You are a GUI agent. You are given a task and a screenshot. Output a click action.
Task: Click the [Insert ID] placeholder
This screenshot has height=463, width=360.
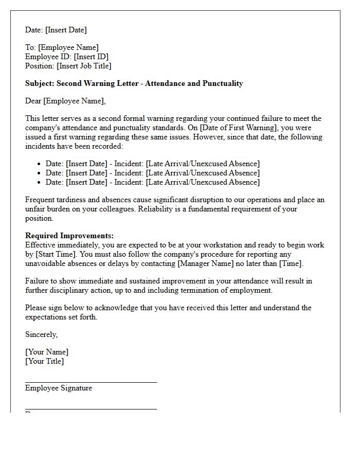coord(91,57)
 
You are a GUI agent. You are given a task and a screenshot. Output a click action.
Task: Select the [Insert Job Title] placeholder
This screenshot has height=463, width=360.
coord(84,66)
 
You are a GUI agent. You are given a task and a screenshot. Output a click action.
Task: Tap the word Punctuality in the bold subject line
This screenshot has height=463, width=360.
coord(222,83)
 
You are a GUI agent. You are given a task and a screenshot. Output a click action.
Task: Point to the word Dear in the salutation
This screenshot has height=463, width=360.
coord(33,101)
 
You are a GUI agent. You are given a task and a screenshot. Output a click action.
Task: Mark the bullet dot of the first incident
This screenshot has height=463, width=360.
coord(40,164)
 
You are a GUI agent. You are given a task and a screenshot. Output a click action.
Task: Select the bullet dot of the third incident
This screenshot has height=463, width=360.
coord(40,183)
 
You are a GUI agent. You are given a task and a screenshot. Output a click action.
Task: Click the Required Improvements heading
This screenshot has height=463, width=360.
coord(69,236)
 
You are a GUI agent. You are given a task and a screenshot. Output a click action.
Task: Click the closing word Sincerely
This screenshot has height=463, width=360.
coord(41,334)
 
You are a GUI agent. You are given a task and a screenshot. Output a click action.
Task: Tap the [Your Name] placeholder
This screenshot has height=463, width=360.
coord(47,352)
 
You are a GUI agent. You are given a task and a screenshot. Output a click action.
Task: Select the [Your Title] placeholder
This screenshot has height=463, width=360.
coord(45,361)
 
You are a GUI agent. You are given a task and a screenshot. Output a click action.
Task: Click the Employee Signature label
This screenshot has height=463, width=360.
coord(59,388)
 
